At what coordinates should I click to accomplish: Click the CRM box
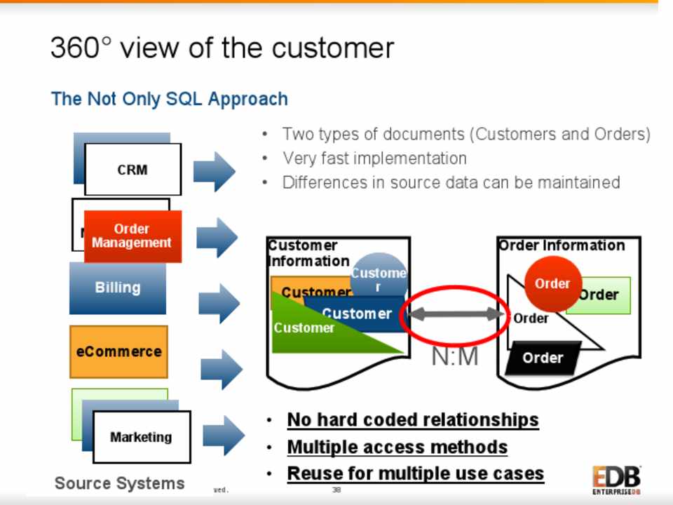(x=132, y=170)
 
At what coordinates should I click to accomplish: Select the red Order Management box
(x=132, y=236)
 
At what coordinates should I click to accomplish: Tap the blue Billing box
(x=118, y=288)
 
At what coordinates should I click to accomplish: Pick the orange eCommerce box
(x=118, y=351)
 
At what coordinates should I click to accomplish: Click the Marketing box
(x=141, y=437)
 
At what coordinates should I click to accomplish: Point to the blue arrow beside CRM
(x=214, y=171)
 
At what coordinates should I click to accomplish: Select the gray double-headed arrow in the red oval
(x=454, y=315)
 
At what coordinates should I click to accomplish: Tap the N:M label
(x=454, y=357)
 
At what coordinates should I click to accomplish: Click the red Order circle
(x=552, y=283)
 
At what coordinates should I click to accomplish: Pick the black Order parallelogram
(x=543, y=358)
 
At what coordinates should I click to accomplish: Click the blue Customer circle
(x=379, y=274)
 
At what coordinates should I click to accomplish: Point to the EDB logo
(x=616, y=480)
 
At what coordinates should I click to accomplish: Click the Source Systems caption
(x=120, y=483)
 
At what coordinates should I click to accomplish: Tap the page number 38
(x=336, y=490)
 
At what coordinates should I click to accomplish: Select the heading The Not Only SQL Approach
(x=170, y=99)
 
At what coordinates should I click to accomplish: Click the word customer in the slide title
(x=333, y=48)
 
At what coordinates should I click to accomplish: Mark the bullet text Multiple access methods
(x=397, y=447)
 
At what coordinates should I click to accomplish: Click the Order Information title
(x=561, y=245)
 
